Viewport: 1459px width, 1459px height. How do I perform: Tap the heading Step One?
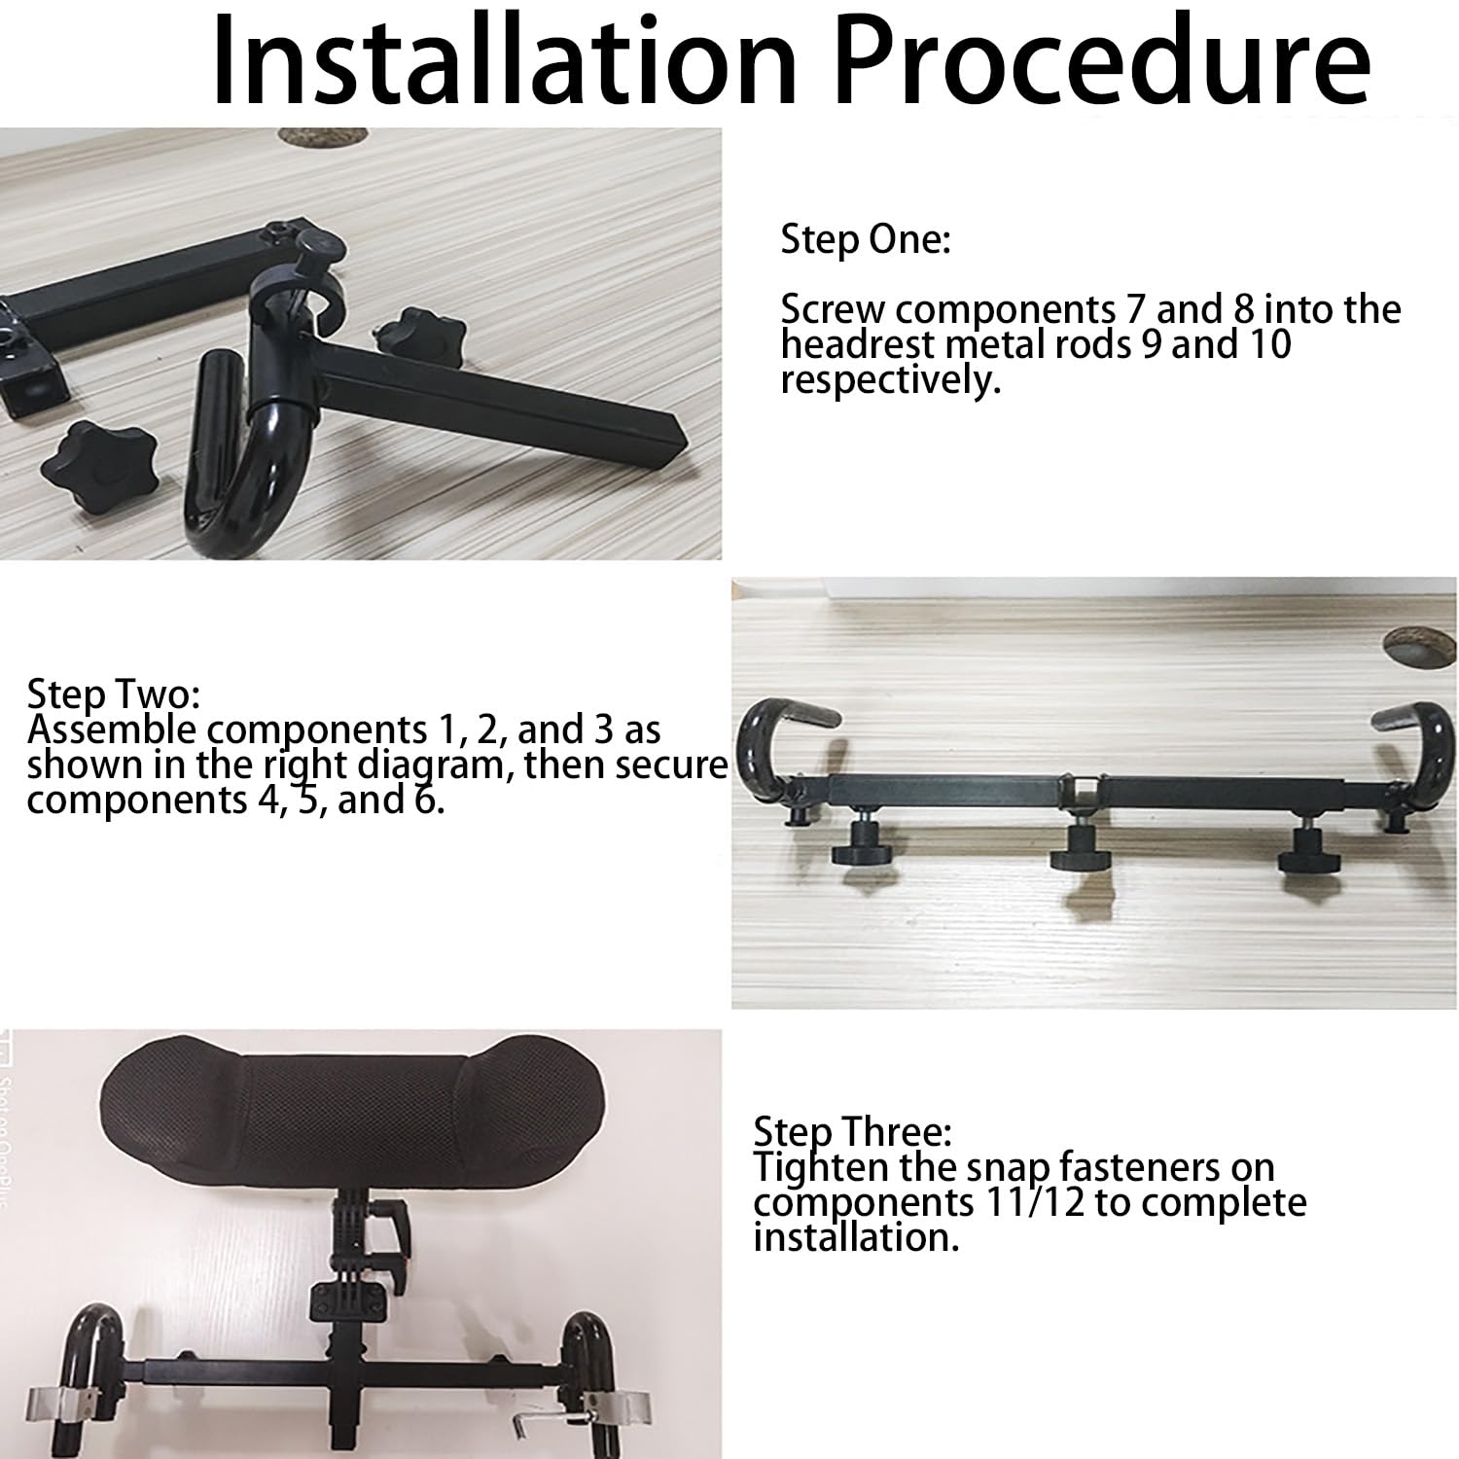point(865,240)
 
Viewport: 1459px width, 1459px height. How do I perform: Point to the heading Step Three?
point(852,1132)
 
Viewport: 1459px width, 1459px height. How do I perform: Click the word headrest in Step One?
point(852,344)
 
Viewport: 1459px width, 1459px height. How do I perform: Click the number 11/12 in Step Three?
point(1030,1202)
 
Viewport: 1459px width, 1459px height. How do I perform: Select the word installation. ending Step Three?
point(856,1237)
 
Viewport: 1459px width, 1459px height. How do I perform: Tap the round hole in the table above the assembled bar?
point(1417,647)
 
